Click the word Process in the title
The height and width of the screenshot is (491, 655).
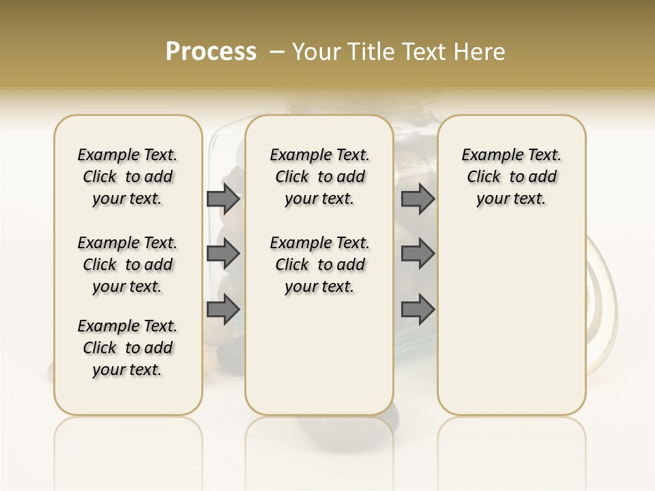click(x=211, y=51)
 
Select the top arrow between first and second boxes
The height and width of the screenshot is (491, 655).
click(x=223, y=198)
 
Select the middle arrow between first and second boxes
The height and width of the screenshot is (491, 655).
click(x=223, y=254)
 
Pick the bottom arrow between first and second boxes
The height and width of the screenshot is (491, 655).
click(x=223, y=310)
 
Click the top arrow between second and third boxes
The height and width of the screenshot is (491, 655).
click(x=418, y=198)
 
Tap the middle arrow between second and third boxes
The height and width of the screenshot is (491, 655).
click(x=418, y=254)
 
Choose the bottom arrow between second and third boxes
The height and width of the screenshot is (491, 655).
click(x=418, y=310)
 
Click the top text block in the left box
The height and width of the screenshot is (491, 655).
click(x=128, y=177)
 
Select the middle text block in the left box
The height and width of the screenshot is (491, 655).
click(x=128, y=265)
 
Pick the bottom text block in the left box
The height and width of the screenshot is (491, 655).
click(x=128, y=348)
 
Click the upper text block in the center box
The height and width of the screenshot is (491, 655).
click(x=319, y=177)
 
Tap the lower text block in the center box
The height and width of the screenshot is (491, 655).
click(x=319, y=265)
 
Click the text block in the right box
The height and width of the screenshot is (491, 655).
click(x=511, y=177)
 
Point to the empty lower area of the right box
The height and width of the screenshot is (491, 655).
click(x=511, y=321)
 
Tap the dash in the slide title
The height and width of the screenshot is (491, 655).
click(x=278, y=51)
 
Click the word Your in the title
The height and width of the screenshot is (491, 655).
click(x=315, y=51)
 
